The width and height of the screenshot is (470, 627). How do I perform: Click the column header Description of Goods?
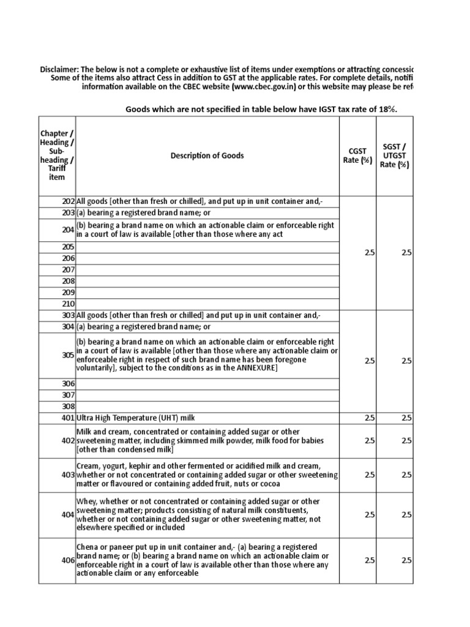(x=207, y=156)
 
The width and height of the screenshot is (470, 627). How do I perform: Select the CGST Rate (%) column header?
(x=357, y=156)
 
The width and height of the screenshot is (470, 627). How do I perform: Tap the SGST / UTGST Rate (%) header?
(x=395, y=156)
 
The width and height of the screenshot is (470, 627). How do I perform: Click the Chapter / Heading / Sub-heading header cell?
(x=56, y=156)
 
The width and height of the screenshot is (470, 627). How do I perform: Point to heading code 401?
(x=67, y=418)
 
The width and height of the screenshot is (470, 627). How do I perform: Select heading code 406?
(x=67, y=560)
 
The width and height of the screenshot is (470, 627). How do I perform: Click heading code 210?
(x=68, y=304)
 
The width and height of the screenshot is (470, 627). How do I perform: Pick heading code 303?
(x=68, y=315)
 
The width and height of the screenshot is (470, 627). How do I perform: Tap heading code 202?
(x=68, y=201)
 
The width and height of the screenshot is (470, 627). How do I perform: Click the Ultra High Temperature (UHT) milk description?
(x=135, y=418)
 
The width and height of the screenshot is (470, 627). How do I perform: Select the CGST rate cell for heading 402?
(x=369, y=441)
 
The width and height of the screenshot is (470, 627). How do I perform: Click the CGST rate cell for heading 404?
(x=369, y=515)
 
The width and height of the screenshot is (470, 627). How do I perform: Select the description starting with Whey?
(x=198, y=515)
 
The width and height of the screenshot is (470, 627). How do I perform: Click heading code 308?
(x=68, y=406)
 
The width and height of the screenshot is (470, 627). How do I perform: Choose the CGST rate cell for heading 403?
(x=369, y=475)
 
